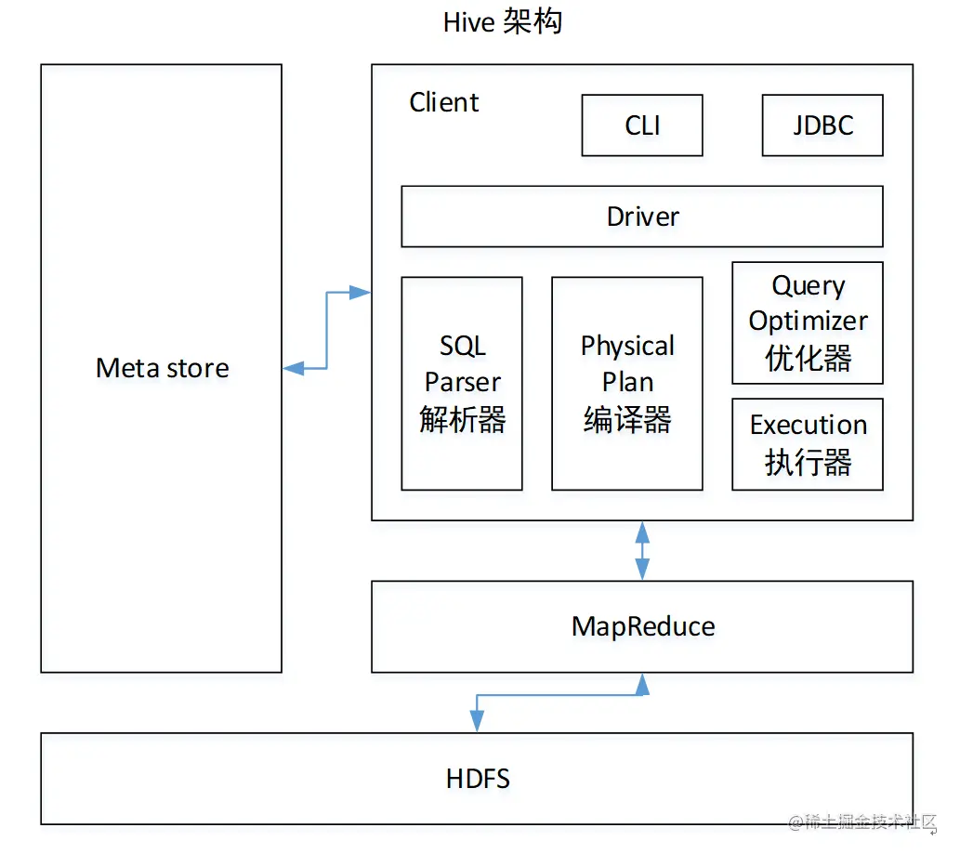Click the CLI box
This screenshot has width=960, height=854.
[642, 125]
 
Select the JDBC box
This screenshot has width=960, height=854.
[822, 125]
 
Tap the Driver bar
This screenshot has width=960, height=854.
[642, 217]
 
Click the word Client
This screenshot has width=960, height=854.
[444, 102]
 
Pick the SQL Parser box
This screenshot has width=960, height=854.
[462, 383]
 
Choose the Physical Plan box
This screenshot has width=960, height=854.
[627, 383]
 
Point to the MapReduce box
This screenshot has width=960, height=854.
[642, 626]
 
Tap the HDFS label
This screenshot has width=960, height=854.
[478, 779]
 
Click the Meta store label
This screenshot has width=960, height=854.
[162, 368]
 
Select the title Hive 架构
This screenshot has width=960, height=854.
[503, 21]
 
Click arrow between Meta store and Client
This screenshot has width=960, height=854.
[326, 331]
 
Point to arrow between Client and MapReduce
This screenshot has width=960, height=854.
[642, 550]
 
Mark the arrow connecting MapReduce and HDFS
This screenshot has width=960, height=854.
[558, 695]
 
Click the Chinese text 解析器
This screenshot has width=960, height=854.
[463, 420]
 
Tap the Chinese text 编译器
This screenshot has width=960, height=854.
[627, 420]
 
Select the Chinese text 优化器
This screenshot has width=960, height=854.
[808, 359]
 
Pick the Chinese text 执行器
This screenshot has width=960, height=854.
[808, 462]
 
